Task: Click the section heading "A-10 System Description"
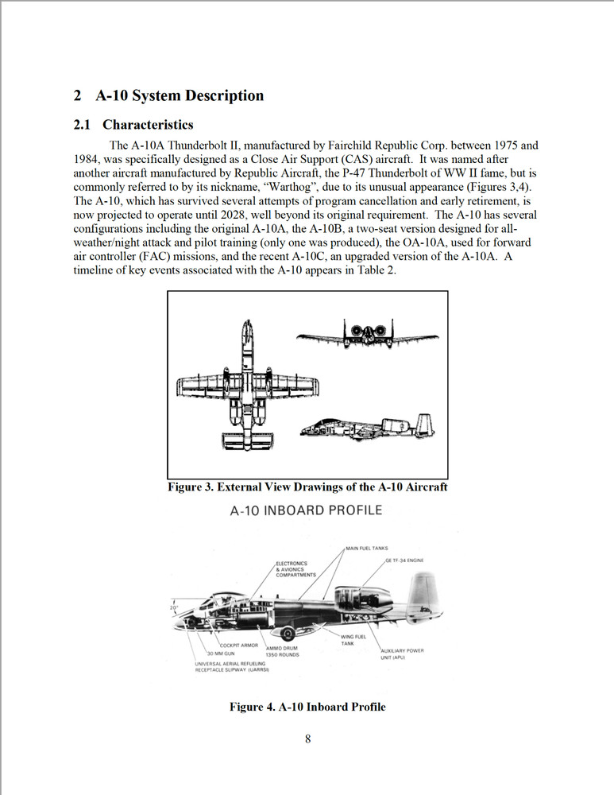pyautogui.click(x=179, y=96)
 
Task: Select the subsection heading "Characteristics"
pyautogui.click(x=148, y=125)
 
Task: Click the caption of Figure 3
pyautogui.click(x=307, y=487)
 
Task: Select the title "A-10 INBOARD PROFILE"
pyautogui.click(x=306, y=510)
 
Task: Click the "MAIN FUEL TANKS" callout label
pyautogui.click(x=366, y=549)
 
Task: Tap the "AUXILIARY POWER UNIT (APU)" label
pyautogui.click(x=402, y=654)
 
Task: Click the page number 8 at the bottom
pyautogui.click(x=307, y=739)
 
